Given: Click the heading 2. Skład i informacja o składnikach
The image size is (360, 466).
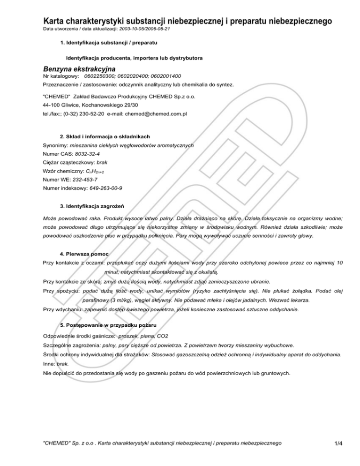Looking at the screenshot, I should tap(105, 136).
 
